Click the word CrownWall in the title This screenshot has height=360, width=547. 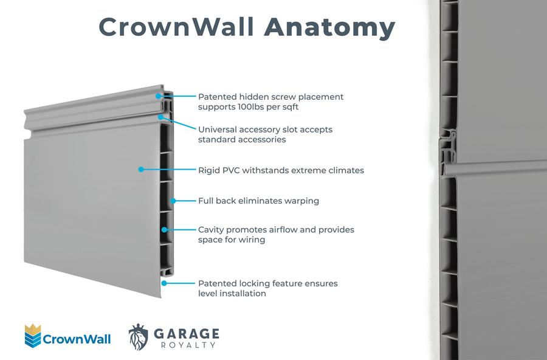(177, 27)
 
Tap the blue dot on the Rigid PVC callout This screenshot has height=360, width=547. (141, 170)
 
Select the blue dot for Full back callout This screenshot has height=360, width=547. (173, 200)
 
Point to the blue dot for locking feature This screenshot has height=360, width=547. (164, 283)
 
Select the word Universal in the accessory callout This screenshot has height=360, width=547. (218, 130)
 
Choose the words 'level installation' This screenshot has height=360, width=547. (232, 293)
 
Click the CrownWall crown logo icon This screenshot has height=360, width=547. (32, 336)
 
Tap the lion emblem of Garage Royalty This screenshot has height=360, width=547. (138, 336)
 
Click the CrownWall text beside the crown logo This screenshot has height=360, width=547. (77, 339)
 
